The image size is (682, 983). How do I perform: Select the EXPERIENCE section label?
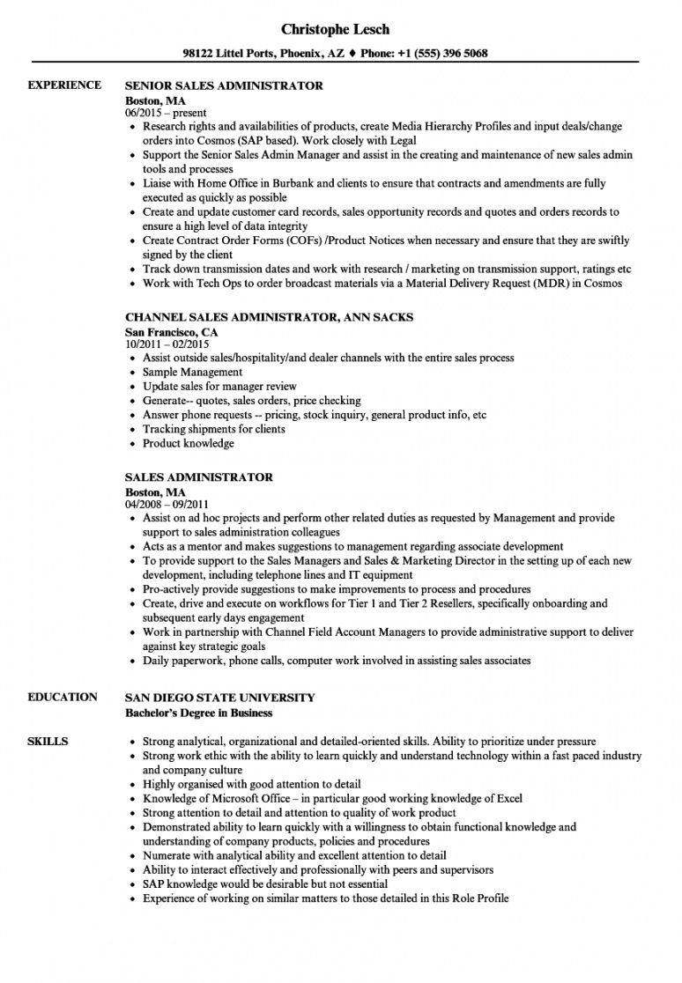coord(64,85)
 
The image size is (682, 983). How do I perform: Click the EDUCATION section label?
coord(63,698)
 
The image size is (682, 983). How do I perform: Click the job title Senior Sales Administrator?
coord(224,86)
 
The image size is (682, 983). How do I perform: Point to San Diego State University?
coord(219,698)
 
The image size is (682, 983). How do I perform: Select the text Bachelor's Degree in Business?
coord(198,713)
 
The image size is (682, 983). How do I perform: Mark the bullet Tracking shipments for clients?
coord(213,429)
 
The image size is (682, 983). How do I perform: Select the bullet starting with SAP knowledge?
coord(264,883)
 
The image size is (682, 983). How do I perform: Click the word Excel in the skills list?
coord(508,799)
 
